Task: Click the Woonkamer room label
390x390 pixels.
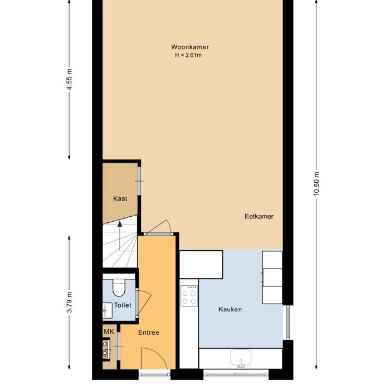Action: (x=190, y=47)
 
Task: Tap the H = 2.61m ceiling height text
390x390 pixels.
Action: (x=188, y=55)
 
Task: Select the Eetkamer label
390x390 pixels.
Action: (x=259, y=216)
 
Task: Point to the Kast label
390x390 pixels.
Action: (x=120, y=198)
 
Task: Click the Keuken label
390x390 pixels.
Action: (x=230, y=309)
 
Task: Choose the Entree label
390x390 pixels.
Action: (x=149, y=332)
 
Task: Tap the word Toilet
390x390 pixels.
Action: (x=123, y=305)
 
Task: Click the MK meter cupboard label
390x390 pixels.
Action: (x=109, y=331)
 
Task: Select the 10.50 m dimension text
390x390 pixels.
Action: (x=316, y=183)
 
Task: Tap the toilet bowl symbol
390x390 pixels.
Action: (x=119, y=287)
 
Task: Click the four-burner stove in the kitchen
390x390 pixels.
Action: (x=189, y=296)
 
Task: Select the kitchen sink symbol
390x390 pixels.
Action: (x=241, y=358)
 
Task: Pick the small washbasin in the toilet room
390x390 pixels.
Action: (x=108, y=310)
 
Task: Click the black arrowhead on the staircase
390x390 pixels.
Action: (x=120, y=224)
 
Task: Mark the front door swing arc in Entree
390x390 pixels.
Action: (x=157, y=354)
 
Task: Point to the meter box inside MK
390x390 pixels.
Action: (x=106, y=348)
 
